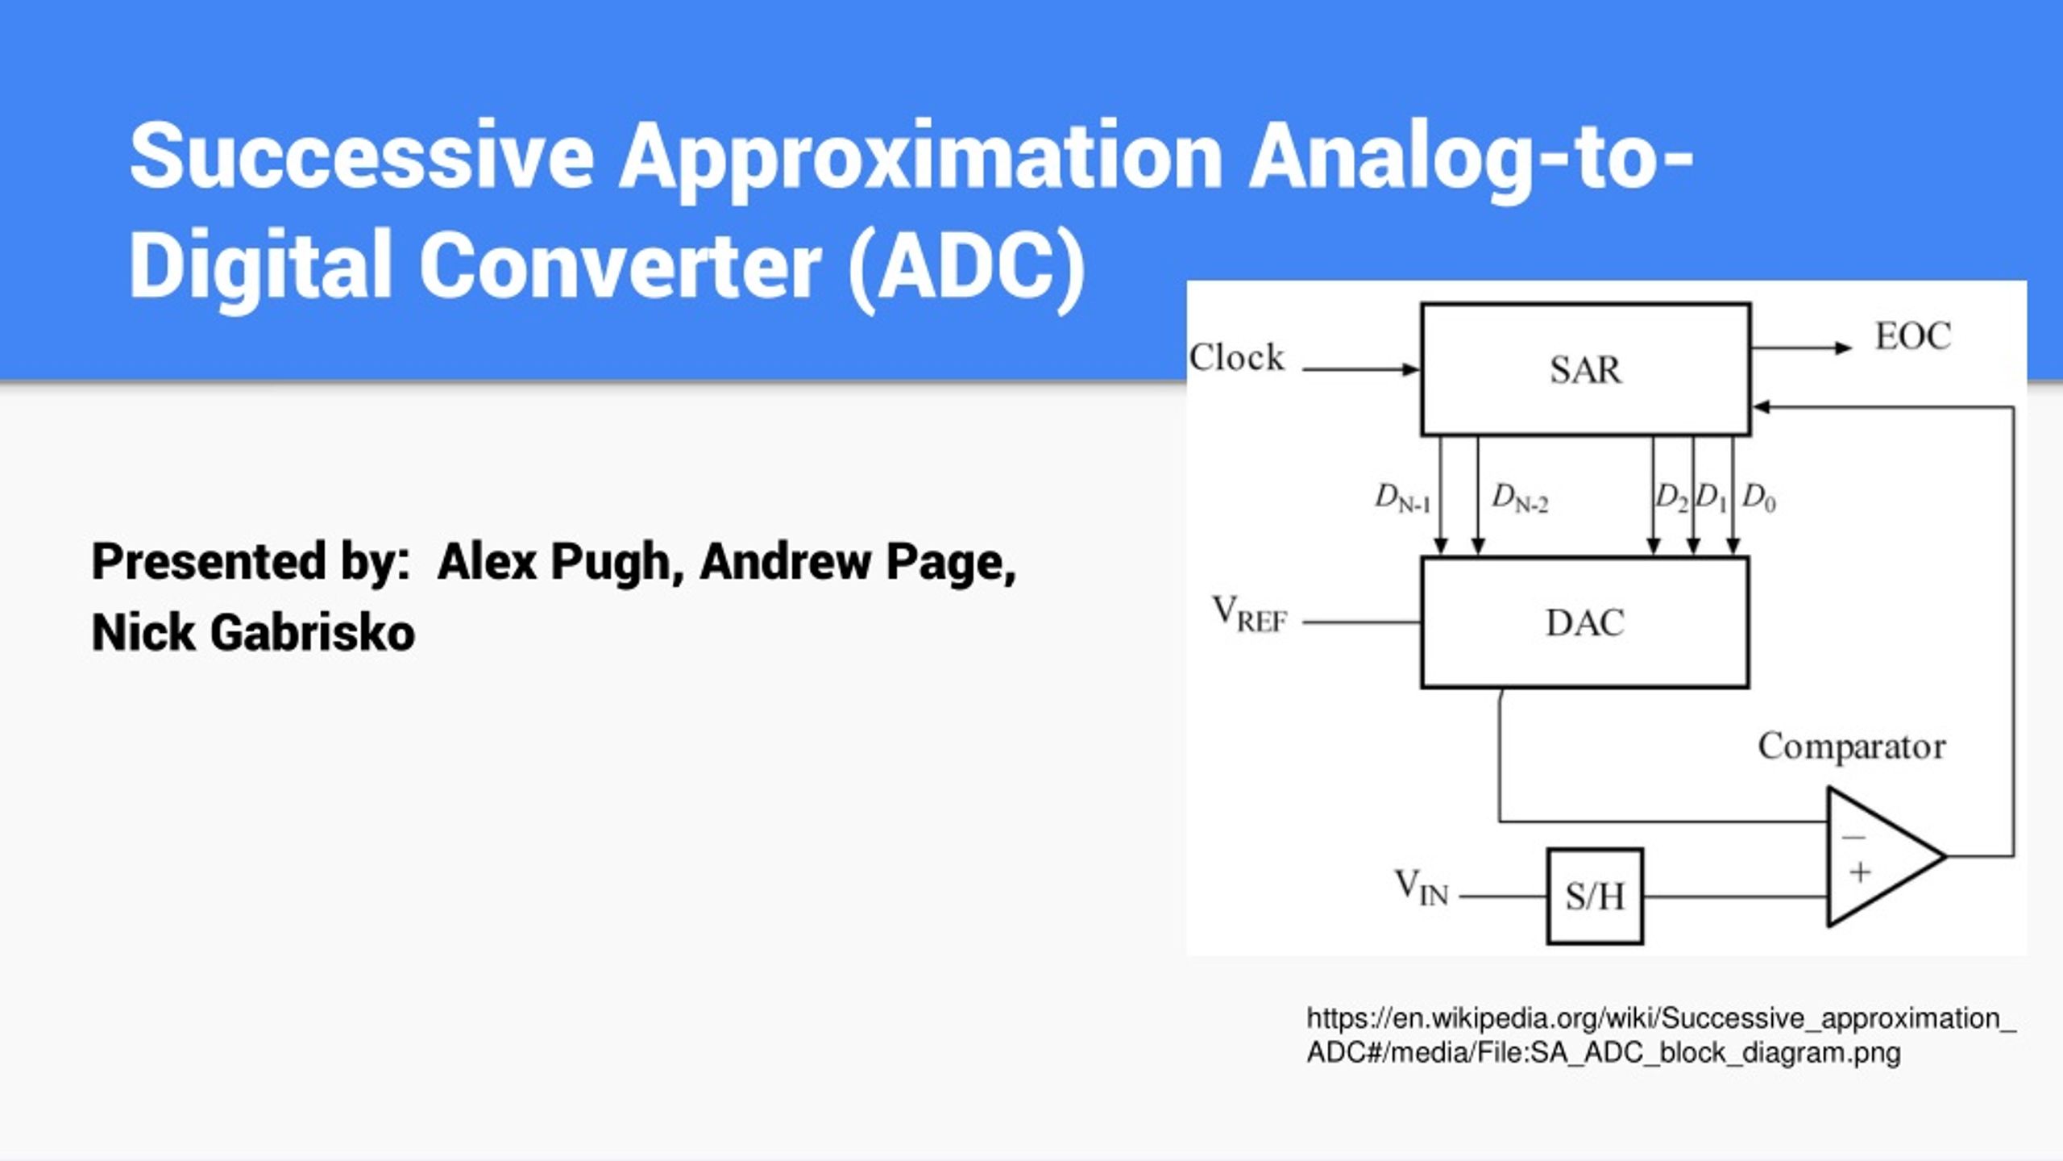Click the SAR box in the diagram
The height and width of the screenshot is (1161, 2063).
(x=1585, y=369)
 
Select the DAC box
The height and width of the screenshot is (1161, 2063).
(x=1584, y=622)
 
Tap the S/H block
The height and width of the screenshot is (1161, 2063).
(x=1595, y=896)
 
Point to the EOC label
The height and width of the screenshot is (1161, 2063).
(x=1913, y=336)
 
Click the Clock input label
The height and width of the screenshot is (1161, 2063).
(x=1236, y=357)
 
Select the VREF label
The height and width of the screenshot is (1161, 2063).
(x=1250, y=614)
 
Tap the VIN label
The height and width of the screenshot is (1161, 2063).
(x=1422, y=887)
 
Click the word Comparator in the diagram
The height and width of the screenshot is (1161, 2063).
(x=1851, y=746)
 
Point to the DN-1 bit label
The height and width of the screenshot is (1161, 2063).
(x=1402, y=498)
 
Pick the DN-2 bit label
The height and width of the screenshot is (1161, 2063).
(x=1520, y=498)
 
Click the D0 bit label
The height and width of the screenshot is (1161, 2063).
(x=1758, y=498)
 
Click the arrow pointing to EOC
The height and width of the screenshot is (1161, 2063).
(x=1802, y=348)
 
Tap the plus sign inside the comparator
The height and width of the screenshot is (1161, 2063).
(x=1860, y=872)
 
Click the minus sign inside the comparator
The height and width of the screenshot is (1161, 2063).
(x=1853, y=837)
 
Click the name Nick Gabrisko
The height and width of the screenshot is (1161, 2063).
(x=253, y=632)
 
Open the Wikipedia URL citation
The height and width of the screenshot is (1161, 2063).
(x=1660, y=1035)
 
